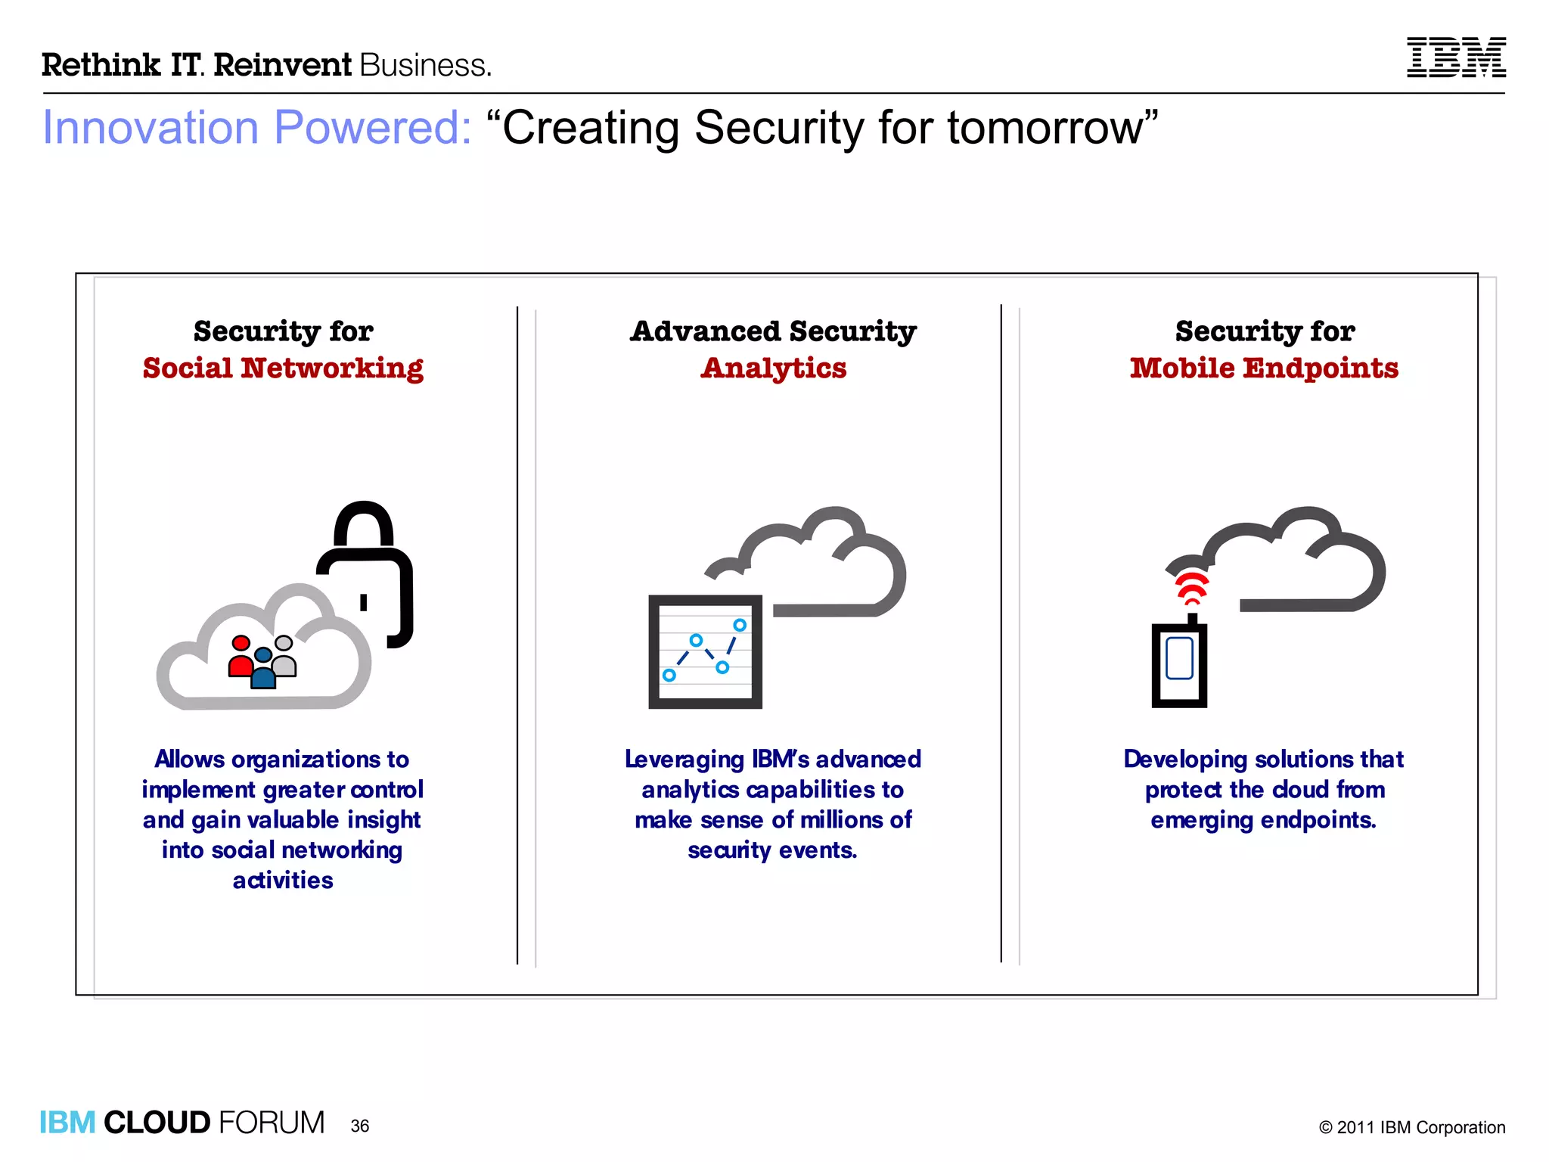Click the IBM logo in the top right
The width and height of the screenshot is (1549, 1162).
tap(1456, 57)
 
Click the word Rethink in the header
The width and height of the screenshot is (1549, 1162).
tap(101, 65)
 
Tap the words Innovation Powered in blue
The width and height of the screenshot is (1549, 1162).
tap(257, 127)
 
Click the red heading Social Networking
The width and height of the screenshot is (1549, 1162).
tap(283, 368)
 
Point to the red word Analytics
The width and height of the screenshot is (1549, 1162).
tap(773, 368)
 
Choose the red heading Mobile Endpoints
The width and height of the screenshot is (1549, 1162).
tap(1264, 368)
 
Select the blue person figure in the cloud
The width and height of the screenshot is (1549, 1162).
tap(263, 670)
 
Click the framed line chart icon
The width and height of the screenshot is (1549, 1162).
tap(705, 651)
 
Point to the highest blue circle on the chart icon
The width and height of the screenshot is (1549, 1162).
tap(740, 625)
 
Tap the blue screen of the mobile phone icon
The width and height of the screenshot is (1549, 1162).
tap(1179, 658)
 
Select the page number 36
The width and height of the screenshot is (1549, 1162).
tap(360, 1126)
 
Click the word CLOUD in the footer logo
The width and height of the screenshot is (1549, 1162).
tap(157, 1123)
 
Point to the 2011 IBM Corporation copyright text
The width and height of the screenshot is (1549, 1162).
tap(1411, 1127)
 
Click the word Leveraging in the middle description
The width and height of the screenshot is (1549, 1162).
tap(684, 759)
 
